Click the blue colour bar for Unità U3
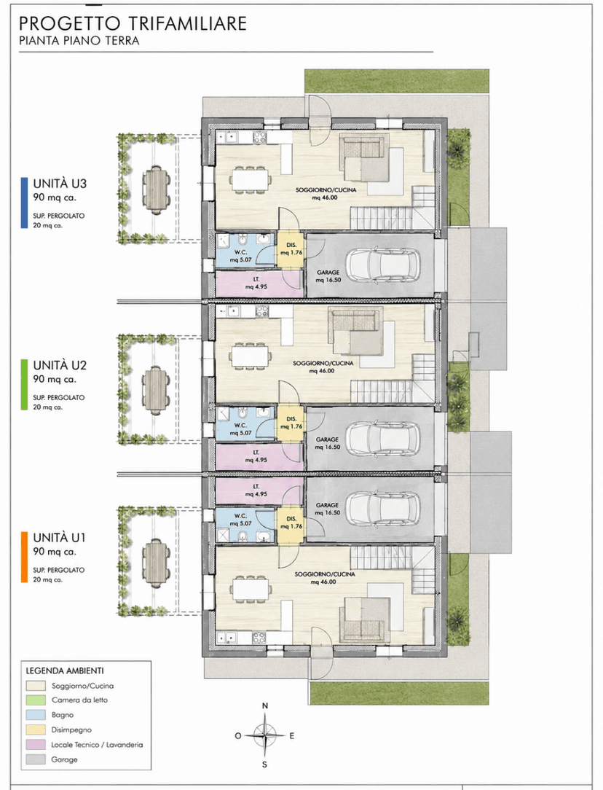point(24,203)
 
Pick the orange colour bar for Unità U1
point(24,558)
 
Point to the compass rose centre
point(265,735)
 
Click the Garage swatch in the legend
point(34,759)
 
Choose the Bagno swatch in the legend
point(34,715)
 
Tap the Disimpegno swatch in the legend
point(34,730)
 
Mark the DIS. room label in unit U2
point(291,419)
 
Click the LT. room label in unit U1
point(256,487)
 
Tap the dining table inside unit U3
point(251,179)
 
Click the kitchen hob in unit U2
point(261,312)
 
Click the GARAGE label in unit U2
point(327,439)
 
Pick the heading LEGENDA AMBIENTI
point(65,671)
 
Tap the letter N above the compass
point(265,706)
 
